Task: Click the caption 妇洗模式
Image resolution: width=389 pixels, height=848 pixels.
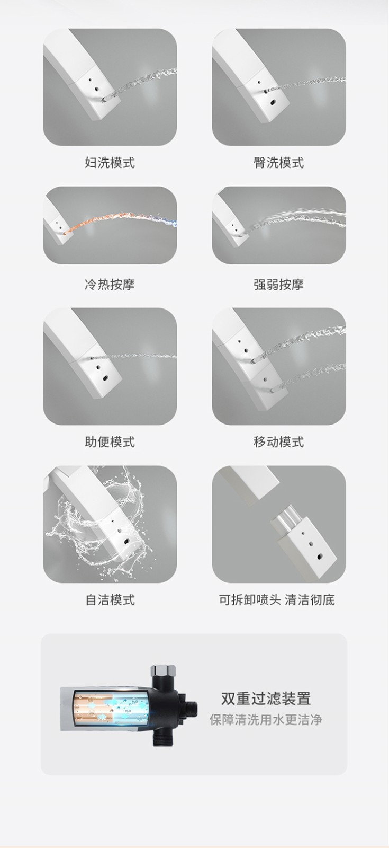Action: click(110, 163)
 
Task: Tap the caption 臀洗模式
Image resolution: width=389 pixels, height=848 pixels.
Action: click(278, 163)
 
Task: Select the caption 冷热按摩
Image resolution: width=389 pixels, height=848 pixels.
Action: click(110, 284)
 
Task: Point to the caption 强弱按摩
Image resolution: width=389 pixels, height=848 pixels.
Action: click(278, 284)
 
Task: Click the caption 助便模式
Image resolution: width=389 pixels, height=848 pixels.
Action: click(110, 442)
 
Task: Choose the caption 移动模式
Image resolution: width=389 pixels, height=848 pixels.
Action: click(278, 442)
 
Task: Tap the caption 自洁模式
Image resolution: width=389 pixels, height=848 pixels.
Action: click(110, 599)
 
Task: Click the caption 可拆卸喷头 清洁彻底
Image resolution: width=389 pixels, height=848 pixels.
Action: click(277, 599)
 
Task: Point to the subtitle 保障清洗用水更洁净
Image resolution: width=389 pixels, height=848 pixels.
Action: click(266, 720)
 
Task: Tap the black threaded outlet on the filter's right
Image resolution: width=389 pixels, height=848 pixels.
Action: click(192, 706)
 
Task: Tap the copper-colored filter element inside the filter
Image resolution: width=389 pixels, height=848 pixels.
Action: click(93, 705)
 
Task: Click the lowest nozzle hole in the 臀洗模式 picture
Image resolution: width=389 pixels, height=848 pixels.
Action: click(273, 102)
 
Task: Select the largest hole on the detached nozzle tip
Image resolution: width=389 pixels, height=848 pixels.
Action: click(320, 557)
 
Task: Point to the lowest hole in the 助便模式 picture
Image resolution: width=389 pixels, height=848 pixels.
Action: click(105, 377)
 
